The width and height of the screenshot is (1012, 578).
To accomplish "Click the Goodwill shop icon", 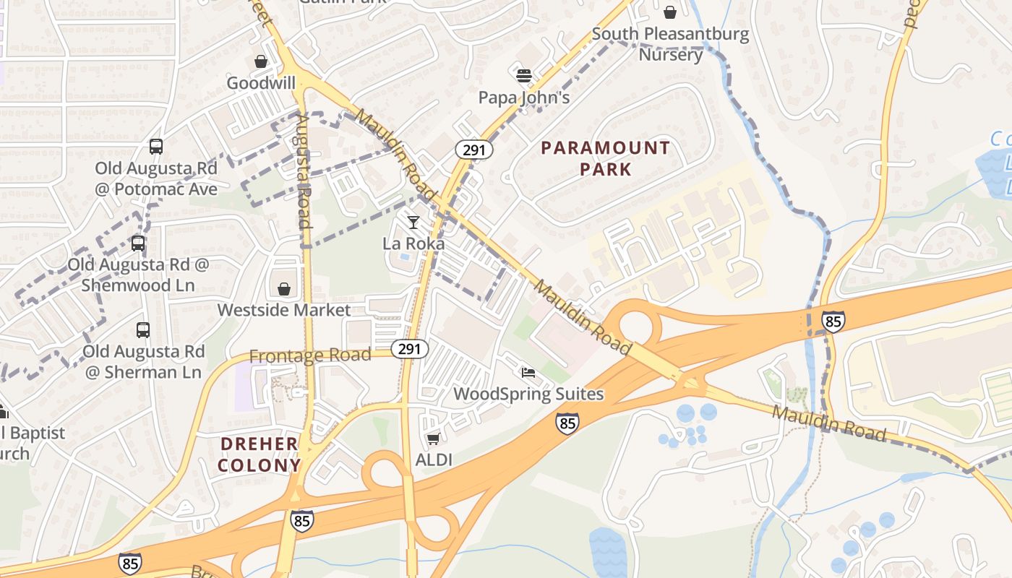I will pyautogui.click(x=260, y=62).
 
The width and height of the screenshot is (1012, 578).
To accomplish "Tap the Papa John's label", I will pyautogui.click(x=524, y=97).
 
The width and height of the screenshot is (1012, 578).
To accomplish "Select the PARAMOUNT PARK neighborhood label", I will pyautogui.click(x=605, y=159).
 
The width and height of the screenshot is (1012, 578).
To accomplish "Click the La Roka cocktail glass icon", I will pyautogui.click(x=413, y=222).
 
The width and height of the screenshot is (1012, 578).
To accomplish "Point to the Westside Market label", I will pyautogui.click(x=284, y=310).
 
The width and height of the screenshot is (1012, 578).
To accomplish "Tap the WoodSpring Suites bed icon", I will pyautogui.click(x=528, y=373).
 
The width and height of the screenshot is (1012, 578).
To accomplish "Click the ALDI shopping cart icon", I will pyautogui.click(x=433, y=439).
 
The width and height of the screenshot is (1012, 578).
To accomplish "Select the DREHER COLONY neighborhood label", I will pyautogui.click(x=259, y=454).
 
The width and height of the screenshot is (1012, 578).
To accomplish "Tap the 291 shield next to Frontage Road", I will pyautogui.click(x=409, y=349).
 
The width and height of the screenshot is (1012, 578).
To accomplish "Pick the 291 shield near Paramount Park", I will pyautogui.click(x=473, y=150).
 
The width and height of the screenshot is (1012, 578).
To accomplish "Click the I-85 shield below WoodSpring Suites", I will pyautogui.click(x=567, y=423).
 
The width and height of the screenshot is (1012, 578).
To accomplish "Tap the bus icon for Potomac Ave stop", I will pyautogui.click(x=156, y=147).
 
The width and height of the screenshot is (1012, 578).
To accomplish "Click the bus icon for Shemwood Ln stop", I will pyautogui.click(x=137, y=243).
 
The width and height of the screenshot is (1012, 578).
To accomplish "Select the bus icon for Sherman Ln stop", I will pyautogui.click(x=143, y=330).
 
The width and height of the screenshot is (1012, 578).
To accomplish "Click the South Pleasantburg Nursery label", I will pyautogui.click(x=670, y=44).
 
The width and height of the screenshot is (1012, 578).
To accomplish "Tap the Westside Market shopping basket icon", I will pyautogui.click(x=284, y=289).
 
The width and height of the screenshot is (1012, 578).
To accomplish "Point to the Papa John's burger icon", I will pyautogui.click(x=524, y=75).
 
